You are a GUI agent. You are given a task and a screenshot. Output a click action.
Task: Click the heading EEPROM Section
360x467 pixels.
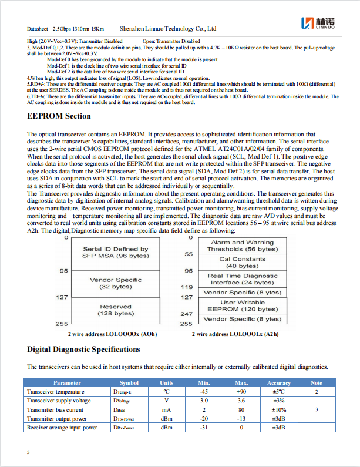point(59,116)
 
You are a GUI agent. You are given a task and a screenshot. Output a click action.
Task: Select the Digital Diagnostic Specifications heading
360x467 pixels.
point(83,350)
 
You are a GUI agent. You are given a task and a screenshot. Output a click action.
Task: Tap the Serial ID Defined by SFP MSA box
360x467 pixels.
point(116,253)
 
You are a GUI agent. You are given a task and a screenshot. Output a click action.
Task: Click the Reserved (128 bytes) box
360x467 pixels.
point(116,310)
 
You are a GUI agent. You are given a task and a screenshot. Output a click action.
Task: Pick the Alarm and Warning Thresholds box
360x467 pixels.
point(242,246)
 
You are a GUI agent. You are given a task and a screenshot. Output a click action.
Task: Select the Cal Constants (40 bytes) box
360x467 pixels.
point(242,262)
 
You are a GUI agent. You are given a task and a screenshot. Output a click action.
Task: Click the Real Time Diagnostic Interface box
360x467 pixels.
point(242,279)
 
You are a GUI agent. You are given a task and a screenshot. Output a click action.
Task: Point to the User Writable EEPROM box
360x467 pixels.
point(242,305)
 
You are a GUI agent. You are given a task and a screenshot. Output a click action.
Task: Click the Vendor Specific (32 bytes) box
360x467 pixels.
point(116,283)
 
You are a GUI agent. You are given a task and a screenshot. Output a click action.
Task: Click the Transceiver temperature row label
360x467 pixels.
point(55,391)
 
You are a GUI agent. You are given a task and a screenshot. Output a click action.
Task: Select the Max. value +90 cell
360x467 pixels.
point(241,391)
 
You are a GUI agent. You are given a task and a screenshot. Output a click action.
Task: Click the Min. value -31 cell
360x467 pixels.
point(204,428)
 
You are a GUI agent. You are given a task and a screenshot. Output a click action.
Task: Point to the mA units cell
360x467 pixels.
point(166,409)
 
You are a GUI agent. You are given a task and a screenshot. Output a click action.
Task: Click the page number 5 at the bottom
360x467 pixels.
point(29,452)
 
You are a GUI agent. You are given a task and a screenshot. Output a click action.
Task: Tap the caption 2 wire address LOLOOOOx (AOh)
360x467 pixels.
point(112,334)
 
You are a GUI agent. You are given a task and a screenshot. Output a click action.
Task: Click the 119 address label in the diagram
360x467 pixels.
point(186,287)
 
